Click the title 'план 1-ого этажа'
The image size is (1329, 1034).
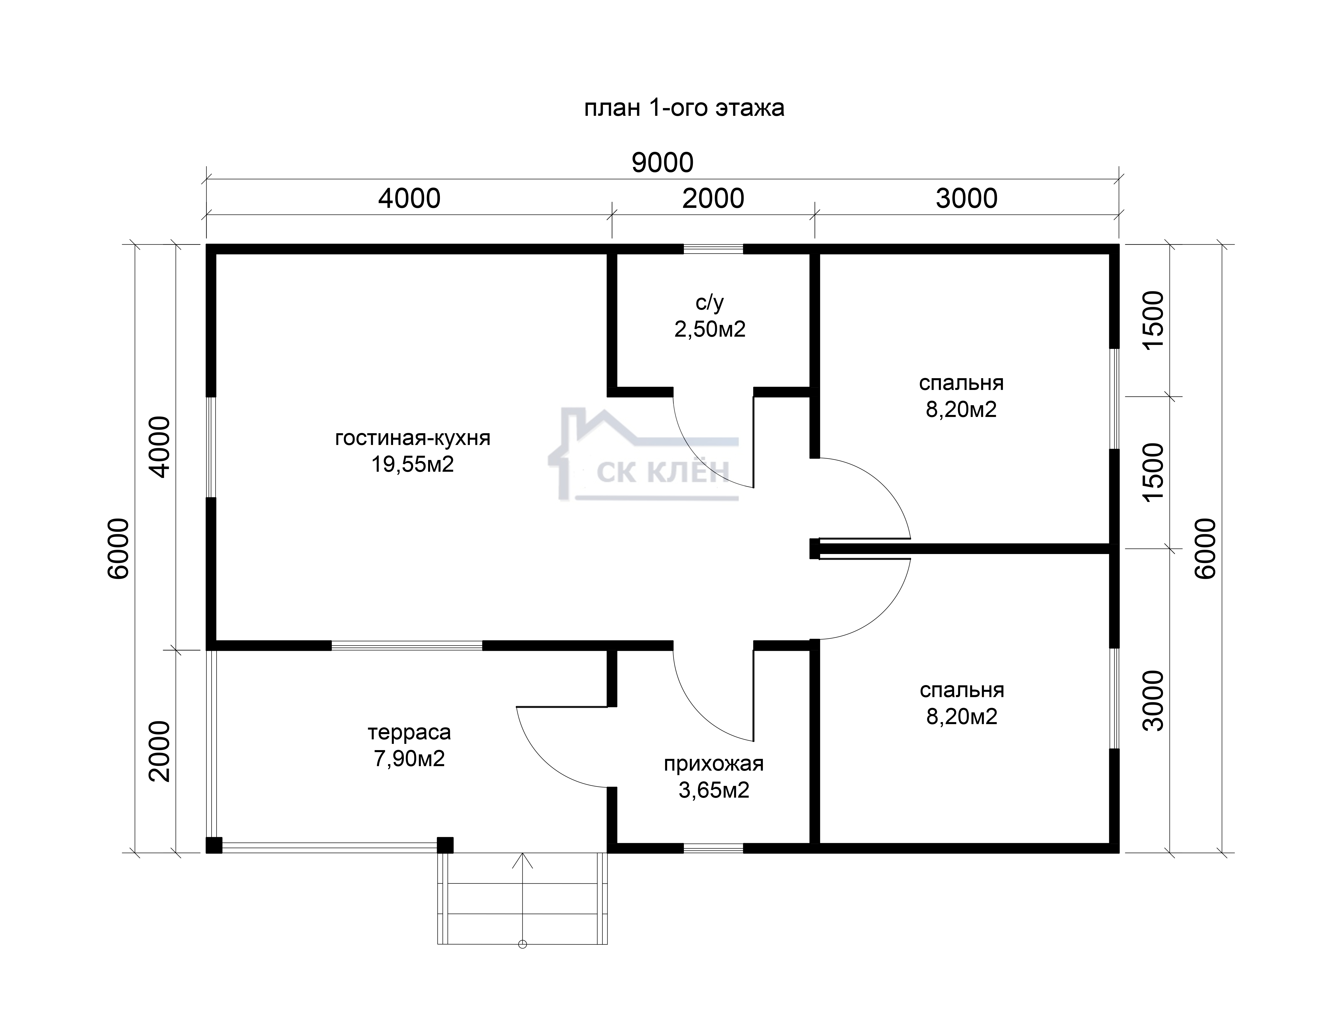click(x=684, y=108)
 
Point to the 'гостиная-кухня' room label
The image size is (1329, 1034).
click(x=413, y=438)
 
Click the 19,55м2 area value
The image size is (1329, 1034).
click(x=413, y=465)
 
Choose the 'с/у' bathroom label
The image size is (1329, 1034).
click(x=710, y=302)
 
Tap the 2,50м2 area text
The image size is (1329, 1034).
click(x=710, y=329)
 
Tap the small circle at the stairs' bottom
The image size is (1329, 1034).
click(x=522, y=961)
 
